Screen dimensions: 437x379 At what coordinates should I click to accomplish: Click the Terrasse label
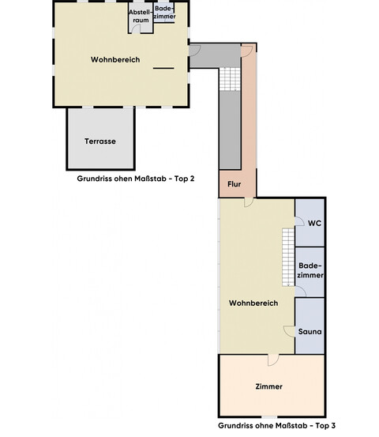coord(100,141)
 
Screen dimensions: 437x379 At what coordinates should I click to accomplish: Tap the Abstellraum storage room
coord(139,17)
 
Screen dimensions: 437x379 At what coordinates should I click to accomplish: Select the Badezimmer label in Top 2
coord(164,13)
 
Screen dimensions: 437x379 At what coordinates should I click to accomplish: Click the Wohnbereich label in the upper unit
coord(115,60)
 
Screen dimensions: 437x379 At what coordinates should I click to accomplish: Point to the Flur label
coord(234,184)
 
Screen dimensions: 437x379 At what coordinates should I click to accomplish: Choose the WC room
coord(313,223)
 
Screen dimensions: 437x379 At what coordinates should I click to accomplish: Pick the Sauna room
coord(310,333)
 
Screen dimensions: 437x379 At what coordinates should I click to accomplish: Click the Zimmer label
coord(269,386)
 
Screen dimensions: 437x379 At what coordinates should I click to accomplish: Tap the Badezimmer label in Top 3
coord(310,270)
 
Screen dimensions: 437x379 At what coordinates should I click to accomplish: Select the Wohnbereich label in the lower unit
coord(253,303)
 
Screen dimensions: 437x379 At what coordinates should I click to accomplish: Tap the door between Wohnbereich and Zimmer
coord(272,360)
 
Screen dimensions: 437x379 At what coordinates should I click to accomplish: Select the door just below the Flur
coord(248,203)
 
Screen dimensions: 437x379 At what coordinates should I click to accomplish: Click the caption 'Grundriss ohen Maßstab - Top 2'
coord(135,179)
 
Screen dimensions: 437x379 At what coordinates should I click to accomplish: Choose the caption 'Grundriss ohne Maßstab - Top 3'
coord(276,425)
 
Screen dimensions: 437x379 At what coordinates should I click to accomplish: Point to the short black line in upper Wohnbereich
coord(163,70)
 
